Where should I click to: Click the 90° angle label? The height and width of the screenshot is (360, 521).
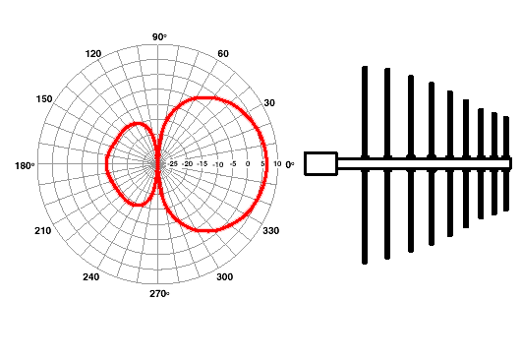[x=159, y=37]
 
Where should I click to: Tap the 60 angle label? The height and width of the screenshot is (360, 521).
[x=223, y=53]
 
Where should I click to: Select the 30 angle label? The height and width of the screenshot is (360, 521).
[x=269, y=103]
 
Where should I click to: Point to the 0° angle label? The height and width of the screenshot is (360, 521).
[x=290, y=164]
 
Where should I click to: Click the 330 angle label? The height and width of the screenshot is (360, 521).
[x=270, y=231]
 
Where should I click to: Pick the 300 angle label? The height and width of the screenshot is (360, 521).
[x=224, y=277]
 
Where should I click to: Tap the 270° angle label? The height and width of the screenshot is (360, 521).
[x=159, y=294]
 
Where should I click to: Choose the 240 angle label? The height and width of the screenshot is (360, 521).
[x=90, y=277]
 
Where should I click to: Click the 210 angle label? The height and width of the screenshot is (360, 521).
[x=43, y=231]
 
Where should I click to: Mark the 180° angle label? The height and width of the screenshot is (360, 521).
[x=25, y=165]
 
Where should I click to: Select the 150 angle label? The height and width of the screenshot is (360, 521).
[x=44, y=99]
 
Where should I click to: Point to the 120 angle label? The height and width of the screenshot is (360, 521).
[x=93, y=54]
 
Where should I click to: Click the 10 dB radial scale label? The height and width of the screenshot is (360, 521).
[x=277, y=163]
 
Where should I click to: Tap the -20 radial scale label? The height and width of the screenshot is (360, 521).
[x=188, y=163]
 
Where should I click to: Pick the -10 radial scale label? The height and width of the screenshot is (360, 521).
[x=217, y=164]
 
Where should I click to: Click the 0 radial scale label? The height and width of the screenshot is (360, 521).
[x=248, y=163]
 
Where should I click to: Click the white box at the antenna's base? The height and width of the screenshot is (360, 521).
[x=321, y=163]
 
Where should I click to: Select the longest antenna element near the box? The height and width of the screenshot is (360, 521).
[x=365, y=165]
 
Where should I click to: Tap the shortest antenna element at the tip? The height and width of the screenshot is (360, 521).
[x=506, y=163]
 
